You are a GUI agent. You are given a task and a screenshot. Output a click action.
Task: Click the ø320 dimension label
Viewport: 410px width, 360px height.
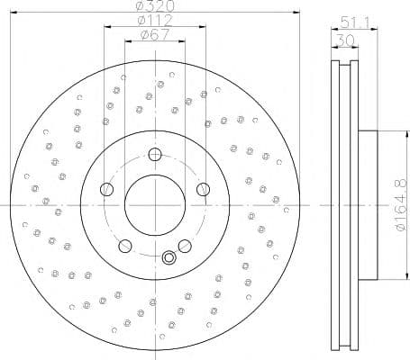tap(155, 5)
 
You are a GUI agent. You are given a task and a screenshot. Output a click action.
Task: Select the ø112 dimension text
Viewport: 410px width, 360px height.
tap(155, 20)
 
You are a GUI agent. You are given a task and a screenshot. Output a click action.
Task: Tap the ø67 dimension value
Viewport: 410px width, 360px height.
tap(155, 34)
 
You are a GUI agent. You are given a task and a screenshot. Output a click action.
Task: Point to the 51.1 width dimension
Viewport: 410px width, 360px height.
tap(354, 22)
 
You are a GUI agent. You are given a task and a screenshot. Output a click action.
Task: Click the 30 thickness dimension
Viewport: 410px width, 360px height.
tap(345, 40)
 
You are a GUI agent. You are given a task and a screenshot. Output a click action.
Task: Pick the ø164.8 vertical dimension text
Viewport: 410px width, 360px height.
tap(402, 206)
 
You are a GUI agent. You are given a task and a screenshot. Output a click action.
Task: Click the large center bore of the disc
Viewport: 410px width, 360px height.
tap(155, 205)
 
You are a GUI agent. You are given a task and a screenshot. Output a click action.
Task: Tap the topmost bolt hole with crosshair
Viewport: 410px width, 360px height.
tap(155, 155)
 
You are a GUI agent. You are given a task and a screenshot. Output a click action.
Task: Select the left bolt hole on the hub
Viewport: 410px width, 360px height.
tap(106, 189)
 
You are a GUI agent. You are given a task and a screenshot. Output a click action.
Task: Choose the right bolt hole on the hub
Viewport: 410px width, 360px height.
tap(204, 189)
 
